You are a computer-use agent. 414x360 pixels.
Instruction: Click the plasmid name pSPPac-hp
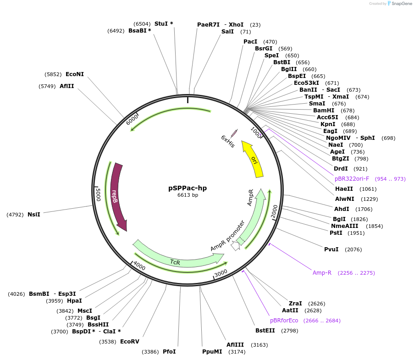[x=188, y=188]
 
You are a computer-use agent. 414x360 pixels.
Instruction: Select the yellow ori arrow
[x=253, y=160]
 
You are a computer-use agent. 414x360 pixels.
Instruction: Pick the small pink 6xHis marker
[x=234, y=133]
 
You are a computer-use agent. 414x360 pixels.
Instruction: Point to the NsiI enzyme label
[x=34, y=214]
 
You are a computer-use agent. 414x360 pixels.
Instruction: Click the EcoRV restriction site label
[x=129, y=341]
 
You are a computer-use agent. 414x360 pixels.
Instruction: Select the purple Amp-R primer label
[x=322, y=273]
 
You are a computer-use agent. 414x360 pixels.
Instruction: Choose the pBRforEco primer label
[x=284, y=321]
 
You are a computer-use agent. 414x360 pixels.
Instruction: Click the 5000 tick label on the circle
[x=98, y=194]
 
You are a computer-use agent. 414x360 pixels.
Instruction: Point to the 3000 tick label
[x=221, y=273]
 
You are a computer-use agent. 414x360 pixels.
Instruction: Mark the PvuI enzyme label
[x=331, y=249]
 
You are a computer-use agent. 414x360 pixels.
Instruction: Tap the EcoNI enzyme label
[x=75, y=74]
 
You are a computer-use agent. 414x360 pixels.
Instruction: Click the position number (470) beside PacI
[x=270, y=41]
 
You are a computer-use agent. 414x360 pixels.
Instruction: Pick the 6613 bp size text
[x=188, y=195]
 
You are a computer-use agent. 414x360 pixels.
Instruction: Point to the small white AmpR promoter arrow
[x=235, y=246]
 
